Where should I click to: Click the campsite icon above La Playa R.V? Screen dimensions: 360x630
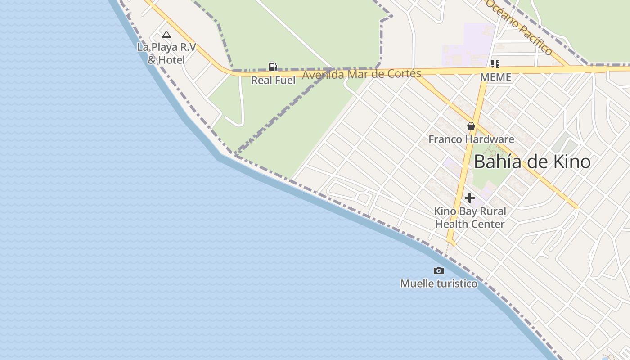tap(166, 34)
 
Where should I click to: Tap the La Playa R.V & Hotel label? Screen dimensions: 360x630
tap(166, 53)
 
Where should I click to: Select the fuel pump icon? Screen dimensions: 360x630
tap(273, 67)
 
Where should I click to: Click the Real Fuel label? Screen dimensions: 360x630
tap(273, 81)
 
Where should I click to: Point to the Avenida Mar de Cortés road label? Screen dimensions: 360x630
tap(361, 74)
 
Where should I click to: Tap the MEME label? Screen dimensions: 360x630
tap(495, 77)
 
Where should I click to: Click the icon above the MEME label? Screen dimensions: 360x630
tap(495, 63)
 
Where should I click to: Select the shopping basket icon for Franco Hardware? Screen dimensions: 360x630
tap(471, 126)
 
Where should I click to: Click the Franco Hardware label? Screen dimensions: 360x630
tap(471, 139)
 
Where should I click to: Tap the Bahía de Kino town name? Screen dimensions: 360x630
tap(532, 162)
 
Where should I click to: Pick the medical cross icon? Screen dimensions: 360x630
tap(470, 198)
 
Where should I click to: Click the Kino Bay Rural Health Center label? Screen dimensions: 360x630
tap(470, 217)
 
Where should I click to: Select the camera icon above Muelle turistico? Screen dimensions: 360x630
tap(438, 270)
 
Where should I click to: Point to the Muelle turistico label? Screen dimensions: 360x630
tap(439, 283)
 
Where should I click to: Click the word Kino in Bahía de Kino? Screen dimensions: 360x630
tap(571, 162)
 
